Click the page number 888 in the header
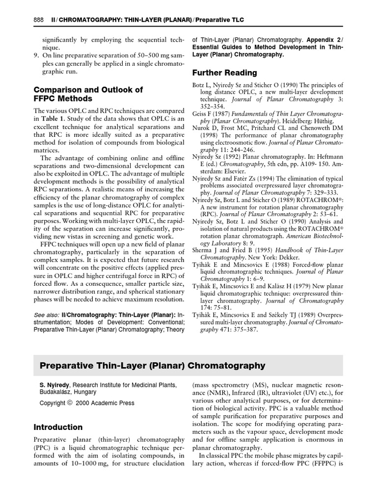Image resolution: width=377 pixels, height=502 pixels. click(39, 19)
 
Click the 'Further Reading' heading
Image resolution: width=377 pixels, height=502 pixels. click(224, 73)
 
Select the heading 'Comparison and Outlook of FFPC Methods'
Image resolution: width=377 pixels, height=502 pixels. click(88, 94)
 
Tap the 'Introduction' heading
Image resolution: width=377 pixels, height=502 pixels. click(58, 427)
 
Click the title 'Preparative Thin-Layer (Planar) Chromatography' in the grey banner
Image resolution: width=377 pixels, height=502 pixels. click(152, 366)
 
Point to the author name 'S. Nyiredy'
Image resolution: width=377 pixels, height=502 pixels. click(55, 385)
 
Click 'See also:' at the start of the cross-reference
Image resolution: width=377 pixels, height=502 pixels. click(46, 314)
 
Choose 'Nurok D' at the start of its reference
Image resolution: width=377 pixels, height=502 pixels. click(204, 127)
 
